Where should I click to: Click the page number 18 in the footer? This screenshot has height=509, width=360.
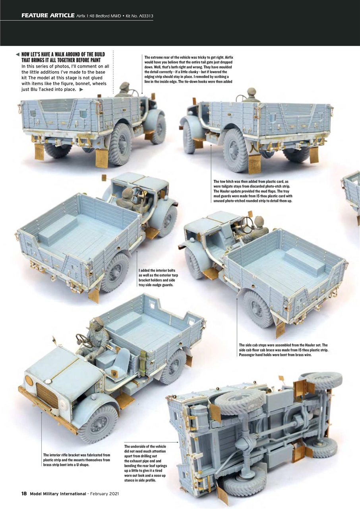pyautogui.click(x=24, y=493)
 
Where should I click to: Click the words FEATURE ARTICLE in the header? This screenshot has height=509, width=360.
pyautogui.click(x=48, y=16)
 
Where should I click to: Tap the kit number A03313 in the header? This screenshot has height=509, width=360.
pyautogui.click(x=144, y=16)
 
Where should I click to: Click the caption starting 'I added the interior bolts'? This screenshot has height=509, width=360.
pyautogui.click(x=156, y=277)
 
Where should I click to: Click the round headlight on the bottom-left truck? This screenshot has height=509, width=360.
pyautogui.click(x=29, y=381)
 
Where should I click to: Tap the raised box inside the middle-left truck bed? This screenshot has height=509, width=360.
pyautogui.click(x=58, y=224)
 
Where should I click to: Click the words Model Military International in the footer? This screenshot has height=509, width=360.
pyautogui.click(x=58, y=493)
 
